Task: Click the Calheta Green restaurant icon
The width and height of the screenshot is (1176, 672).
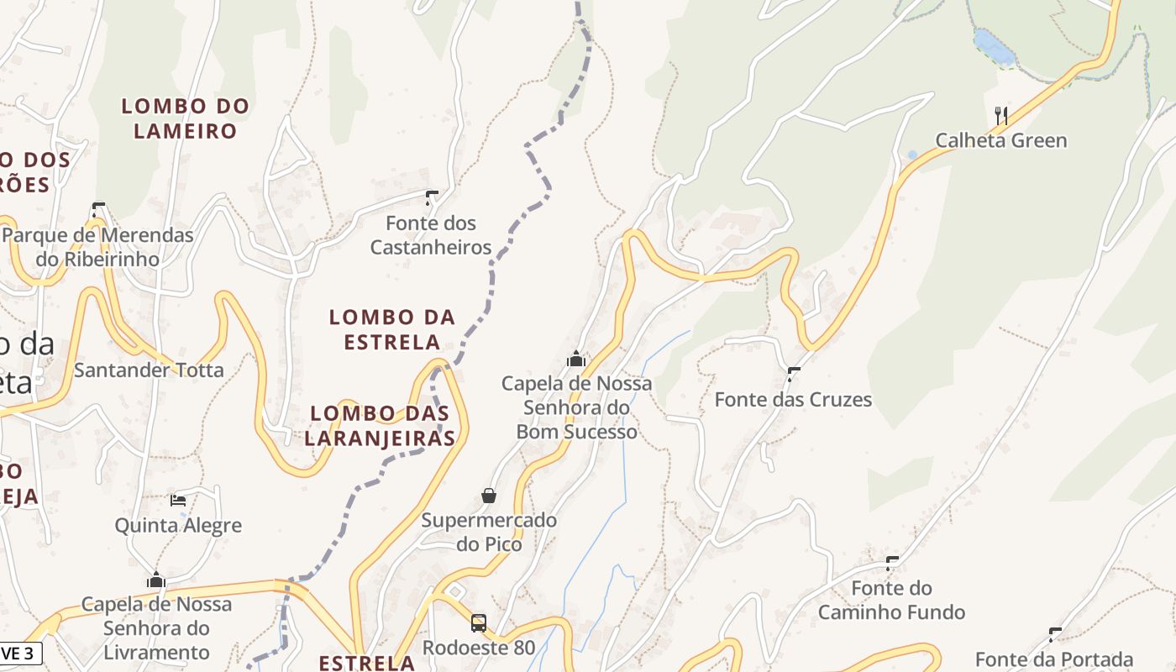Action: [x=1000, y=115]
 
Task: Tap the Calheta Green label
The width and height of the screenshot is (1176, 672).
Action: [x=1000, y=140]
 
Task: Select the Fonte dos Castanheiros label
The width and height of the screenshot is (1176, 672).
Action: [x=431, y=235]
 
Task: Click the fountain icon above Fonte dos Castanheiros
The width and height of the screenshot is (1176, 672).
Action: [x=432, y=198]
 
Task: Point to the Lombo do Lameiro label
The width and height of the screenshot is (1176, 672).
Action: [x=186, y=118]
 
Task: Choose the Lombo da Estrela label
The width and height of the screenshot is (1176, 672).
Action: [x=392, y=329]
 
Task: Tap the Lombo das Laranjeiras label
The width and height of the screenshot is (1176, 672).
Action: [x=380, y=425]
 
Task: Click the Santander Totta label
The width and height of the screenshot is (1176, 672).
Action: [x=150, y=370]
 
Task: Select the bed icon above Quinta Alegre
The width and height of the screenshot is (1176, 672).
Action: [x=178, y=500]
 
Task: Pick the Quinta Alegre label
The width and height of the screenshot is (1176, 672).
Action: [x=178, y=526]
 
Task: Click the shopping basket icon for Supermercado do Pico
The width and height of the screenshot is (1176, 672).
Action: [x=489, y=496]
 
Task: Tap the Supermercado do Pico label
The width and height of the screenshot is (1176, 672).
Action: [x=489, y=532]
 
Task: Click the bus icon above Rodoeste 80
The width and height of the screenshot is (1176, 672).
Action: [x=479, y=623]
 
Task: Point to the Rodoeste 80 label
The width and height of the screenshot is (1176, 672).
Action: [x=479, y=648]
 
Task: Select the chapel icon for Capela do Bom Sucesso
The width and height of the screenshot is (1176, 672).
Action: [x=576, y=359]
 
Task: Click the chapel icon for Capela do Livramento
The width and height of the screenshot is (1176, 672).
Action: [x=156, y=580]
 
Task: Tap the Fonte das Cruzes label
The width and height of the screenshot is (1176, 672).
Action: [x=793, y=399]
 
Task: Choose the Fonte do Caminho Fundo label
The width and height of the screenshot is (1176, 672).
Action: [x=891, y=600]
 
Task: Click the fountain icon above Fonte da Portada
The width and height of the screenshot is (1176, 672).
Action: [x=1055, y=634]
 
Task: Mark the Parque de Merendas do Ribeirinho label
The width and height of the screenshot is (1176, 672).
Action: [x=98, y=247]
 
